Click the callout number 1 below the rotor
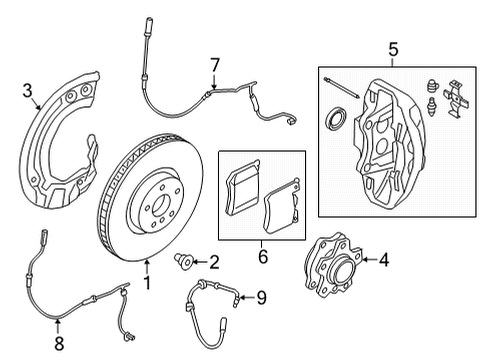pos(147,283)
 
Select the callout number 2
pos(213,262)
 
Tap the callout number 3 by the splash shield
pos(28,91)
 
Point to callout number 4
pos(384,260)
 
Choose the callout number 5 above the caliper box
pos(393,50)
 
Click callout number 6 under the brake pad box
pos(263,256)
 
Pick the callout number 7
pos(215,65)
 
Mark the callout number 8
pos(59,343)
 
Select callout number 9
pos(262,297)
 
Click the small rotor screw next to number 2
pos(184,262)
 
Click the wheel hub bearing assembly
pos(333,265)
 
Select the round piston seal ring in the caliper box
pos(335,118)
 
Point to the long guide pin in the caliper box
pos(341,88)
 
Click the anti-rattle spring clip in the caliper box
pos(456,99)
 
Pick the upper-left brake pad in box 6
pos(243,188)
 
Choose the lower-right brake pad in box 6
pos(282,207)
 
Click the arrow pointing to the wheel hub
pos(369,260)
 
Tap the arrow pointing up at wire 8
pos(58,326)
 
